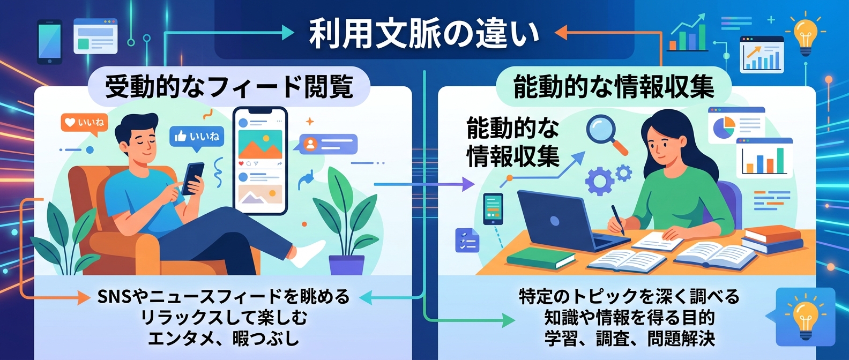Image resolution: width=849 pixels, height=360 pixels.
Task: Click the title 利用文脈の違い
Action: pyautogui.click(x=424, y=33)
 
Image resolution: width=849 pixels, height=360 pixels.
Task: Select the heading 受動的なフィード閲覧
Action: pyautogui.click(x=229, y=86)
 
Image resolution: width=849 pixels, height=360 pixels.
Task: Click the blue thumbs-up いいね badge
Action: pyautogui.click(x=196, y=136)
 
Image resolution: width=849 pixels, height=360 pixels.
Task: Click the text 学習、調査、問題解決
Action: pyautogui.click(x=630, y=339)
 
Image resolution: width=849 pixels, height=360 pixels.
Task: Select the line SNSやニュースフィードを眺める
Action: pyautogui.click(x=224, y=296)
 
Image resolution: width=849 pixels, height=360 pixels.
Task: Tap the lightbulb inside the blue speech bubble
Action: pyautogui.click(x=805, y=317)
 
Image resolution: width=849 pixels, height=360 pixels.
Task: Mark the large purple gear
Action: pyautogui.click(x=599, y=180)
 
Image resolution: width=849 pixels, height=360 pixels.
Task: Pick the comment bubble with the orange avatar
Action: pyautogui.click(x=327, y=144)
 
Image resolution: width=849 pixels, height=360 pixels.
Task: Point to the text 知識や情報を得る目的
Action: pyautogui.click(x=630, y=317)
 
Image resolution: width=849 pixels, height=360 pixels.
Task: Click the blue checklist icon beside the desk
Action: pyautogui.click(x=466, y=240)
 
